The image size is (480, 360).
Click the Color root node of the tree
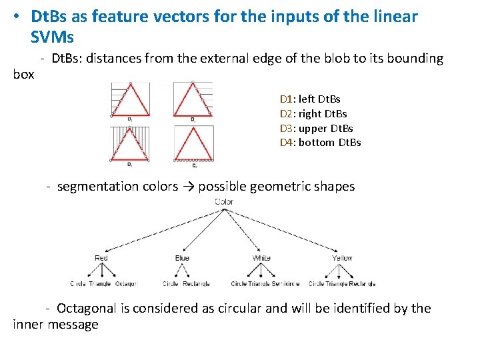pos(225,201)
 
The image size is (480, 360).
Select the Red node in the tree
pos(101,258)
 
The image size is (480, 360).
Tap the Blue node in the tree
pos(182,258)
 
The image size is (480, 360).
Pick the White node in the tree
pos(261,258)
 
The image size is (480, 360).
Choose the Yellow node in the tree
pos(342,258)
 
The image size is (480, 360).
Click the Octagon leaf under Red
pos(126,284)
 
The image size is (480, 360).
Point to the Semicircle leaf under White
pos(285,284)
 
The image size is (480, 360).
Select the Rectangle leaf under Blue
pos(196,284)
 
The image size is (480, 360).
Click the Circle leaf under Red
pos(79,284)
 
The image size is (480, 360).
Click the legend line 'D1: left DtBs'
pos(310,99)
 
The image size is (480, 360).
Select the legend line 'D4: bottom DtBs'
pos(320,143)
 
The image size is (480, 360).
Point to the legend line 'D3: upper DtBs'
pos(316,128)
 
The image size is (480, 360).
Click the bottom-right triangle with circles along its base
pos(193,143)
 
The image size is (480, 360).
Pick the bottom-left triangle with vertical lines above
pos(130,143)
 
